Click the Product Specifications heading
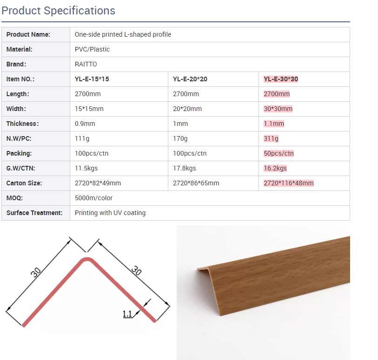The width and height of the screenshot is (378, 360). coord(58,11)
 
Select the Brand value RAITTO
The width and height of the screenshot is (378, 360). coord(86,64)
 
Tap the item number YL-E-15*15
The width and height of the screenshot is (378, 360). coord(92,79)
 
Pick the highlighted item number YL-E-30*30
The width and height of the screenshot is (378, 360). coord(281,79)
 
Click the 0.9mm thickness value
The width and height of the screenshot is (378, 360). coord(85,124)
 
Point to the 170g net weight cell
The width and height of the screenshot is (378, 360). coord(180,139)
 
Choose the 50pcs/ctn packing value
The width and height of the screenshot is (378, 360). coord(279,153)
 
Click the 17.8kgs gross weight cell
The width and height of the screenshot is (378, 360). coord(185,168)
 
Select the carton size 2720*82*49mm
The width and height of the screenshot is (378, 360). coord(98,183)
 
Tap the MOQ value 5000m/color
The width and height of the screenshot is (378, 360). coord(93,198)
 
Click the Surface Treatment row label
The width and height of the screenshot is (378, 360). coord(34,213)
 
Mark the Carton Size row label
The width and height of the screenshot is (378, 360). coord(24,183)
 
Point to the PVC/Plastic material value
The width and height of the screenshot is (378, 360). coord(92,49)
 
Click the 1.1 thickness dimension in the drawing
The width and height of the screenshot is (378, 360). coord(127,314)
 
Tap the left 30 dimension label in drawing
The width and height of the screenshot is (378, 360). coord(36,272)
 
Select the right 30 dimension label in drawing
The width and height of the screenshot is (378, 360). coord(136,270)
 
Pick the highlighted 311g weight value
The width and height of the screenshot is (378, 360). coord(271,139)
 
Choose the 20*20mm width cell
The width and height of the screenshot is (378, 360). coord(187,109)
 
